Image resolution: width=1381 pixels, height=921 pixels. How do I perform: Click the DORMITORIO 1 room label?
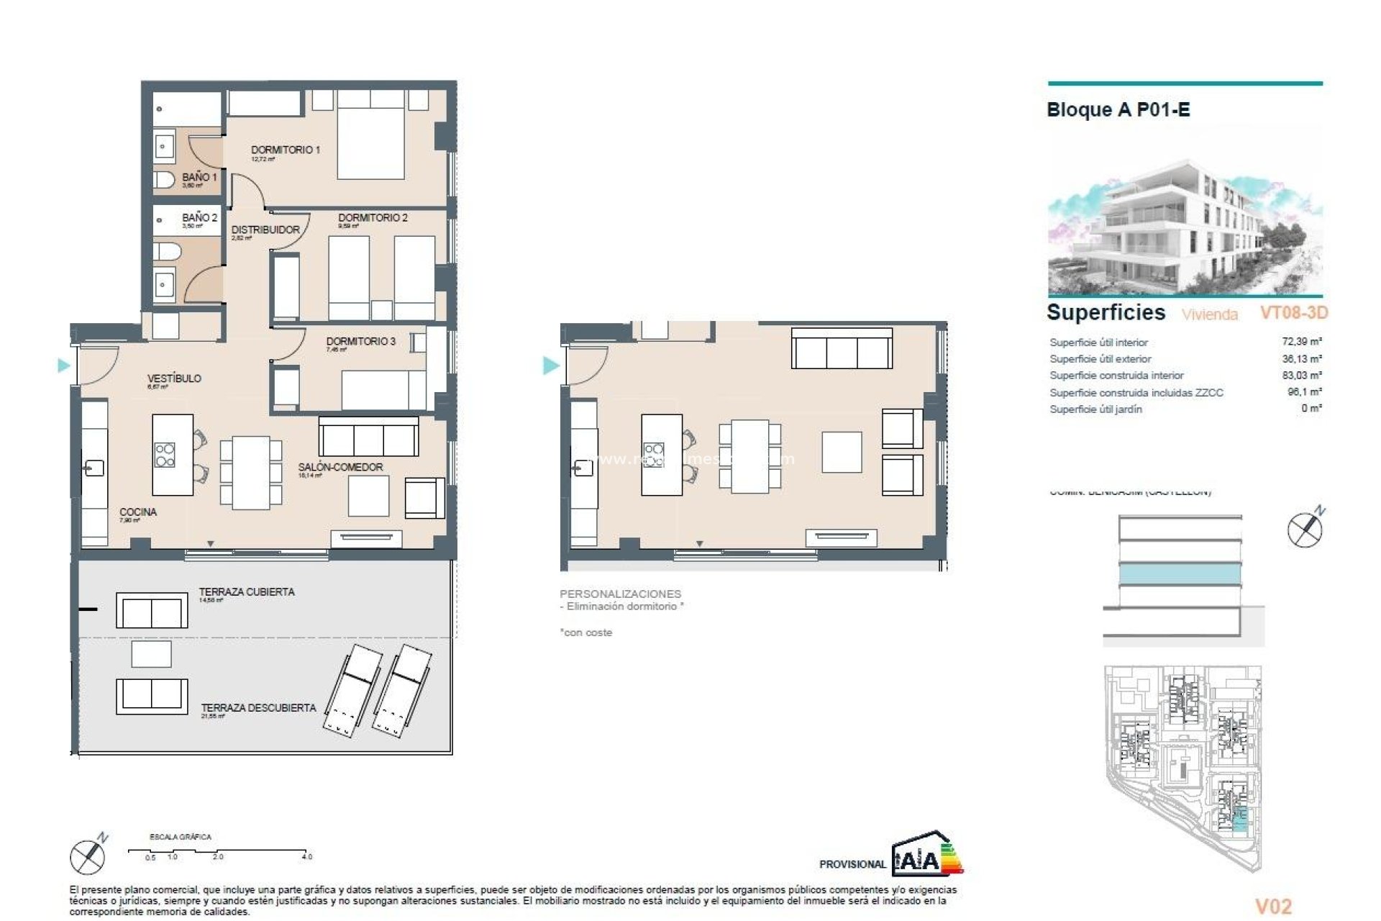click(285, 150)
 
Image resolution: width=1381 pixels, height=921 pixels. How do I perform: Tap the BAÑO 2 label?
click(199, 217)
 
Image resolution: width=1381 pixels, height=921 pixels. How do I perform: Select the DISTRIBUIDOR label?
click(265, 230)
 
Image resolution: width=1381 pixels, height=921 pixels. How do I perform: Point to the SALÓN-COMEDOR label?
click(340, 467)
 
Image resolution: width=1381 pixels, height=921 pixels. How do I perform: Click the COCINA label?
click(138, 512)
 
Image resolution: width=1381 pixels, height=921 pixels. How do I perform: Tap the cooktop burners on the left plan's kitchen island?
click(165, 455)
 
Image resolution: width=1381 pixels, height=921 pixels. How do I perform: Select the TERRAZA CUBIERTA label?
click(247, 591)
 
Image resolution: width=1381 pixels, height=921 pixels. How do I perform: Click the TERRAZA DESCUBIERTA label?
click(258, 707)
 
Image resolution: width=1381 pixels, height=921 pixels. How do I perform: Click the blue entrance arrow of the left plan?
click(64, 366)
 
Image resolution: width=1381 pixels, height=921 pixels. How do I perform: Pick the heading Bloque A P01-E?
click(1118, 110)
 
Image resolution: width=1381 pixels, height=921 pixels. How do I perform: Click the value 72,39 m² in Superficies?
click(1301, 342)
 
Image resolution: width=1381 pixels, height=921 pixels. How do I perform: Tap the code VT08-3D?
click(1293, 312)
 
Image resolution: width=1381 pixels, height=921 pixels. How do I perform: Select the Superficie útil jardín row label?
click(1095, 409)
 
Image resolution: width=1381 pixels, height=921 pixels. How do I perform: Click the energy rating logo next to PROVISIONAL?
click(927, 856)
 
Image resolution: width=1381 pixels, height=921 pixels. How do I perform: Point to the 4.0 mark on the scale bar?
click(306, 856)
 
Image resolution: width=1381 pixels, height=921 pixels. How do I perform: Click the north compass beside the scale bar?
click(88, 856)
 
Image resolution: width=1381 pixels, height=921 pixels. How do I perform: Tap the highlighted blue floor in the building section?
click(1180, 574)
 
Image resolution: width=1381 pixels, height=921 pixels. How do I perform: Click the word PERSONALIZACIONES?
click(620, 594)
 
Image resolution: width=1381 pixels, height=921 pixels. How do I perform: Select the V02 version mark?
click(1273, 907)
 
